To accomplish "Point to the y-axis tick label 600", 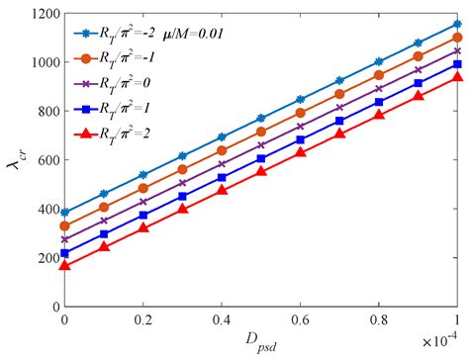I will coord(41,160).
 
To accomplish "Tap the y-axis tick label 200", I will coord(41,258).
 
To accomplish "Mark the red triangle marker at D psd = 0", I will coord(65,265).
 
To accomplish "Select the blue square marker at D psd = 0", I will coord(65,253).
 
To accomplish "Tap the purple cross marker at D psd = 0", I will coord(65,239).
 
